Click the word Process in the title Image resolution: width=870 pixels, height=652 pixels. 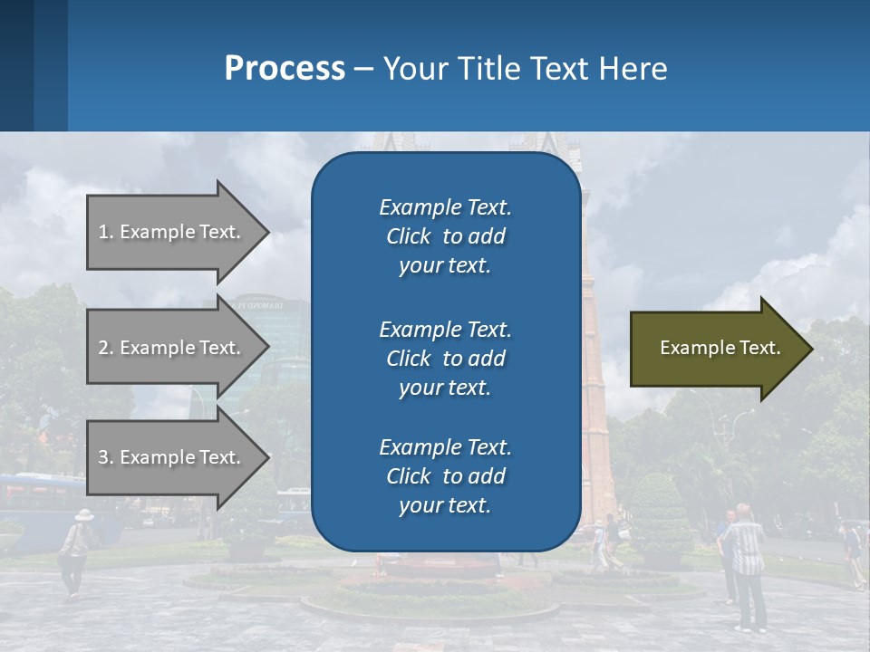point(285,69)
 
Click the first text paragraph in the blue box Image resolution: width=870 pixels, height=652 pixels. point(445,236)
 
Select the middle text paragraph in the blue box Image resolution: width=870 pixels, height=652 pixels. point(445,358)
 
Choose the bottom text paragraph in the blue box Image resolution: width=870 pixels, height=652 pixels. point(445,476)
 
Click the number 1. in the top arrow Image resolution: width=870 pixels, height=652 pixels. point(106,232)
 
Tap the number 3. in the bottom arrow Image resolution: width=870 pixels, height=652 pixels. point(106,457)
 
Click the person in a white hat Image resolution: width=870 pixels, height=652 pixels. point(76,548)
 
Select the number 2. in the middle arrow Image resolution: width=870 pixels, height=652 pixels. point(106,348)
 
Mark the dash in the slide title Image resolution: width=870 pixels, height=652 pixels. point(363,70)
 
